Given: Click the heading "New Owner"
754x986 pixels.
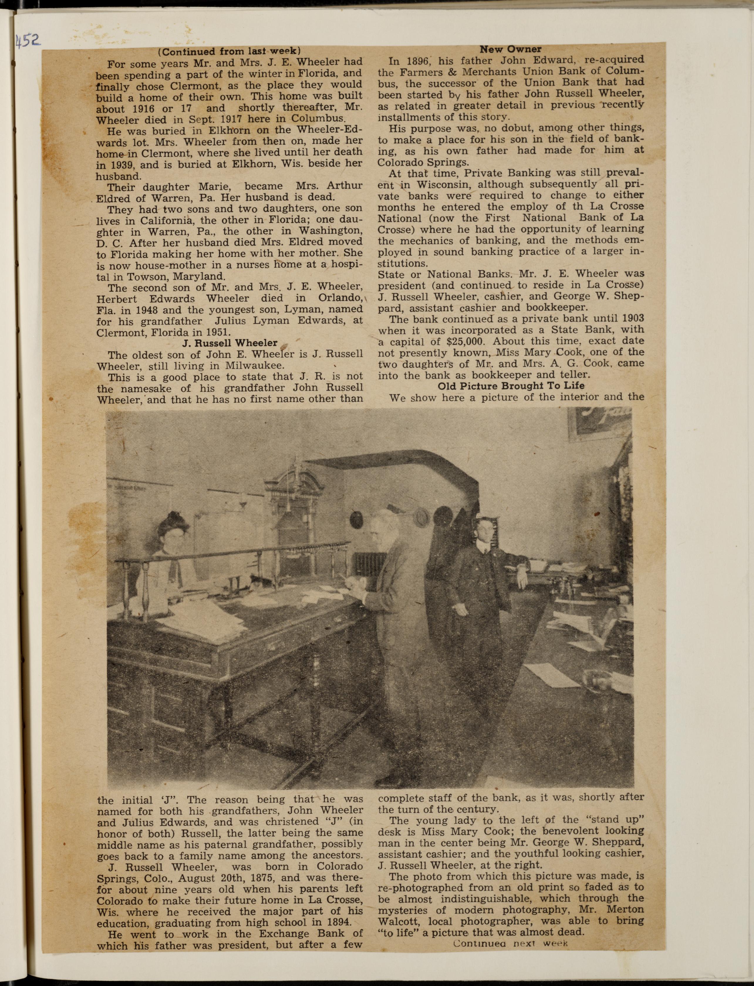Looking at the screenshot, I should click(510, 49).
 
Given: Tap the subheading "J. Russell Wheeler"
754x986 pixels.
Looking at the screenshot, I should click(230, 343).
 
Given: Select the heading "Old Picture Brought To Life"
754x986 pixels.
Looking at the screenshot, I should click(511, 386).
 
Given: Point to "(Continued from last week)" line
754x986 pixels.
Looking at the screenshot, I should click(229, 51).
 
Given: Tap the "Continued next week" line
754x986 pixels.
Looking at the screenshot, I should click(510, 943).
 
